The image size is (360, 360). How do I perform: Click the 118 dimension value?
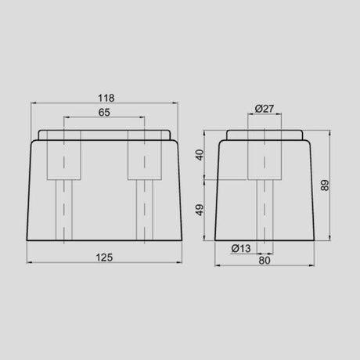106,98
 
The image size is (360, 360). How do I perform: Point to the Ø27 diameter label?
264,110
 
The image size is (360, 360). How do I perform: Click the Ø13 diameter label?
241,248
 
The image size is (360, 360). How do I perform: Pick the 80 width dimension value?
264,261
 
